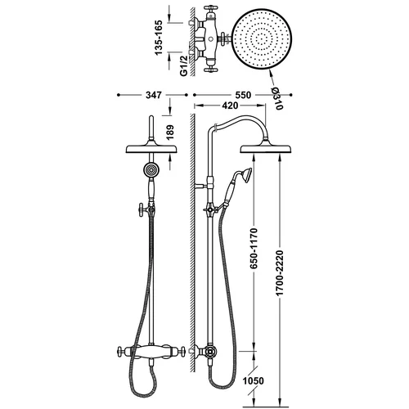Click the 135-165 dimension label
(x=159, y=38)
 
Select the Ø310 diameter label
(x=276, y=98)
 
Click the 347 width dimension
(x=154, y=95)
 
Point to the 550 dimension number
(x=243, y=95)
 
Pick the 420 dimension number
(x=230, y=106)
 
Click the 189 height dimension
(x=170, y=133)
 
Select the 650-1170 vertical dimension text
(x=254, y=248)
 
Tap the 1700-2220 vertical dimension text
(x=280, y=272)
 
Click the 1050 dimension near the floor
(x=254, y=380)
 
